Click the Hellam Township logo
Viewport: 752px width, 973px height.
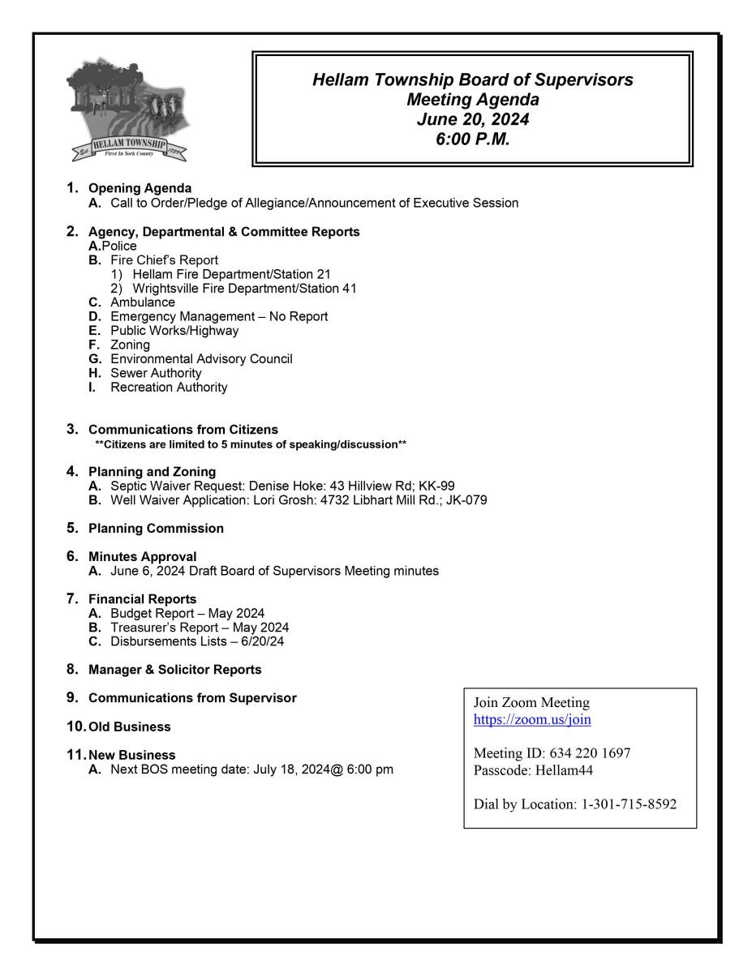[x=128, y=110]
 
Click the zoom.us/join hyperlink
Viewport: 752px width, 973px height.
[x=532, y=719]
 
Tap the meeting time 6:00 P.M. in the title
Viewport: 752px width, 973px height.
[x=473, y=139]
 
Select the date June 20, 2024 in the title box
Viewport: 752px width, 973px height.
[x=473, y=119]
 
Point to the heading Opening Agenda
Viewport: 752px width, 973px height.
[x=140, y=189]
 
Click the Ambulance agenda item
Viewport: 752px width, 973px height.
[x=143, y=302]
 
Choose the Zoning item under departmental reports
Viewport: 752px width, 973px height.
[x=130, y=345]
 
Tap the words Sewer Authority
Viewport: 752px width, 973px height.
[x=156, y=373]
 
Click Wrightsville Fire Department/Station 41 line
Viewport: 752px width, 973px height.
[x=244, y=288]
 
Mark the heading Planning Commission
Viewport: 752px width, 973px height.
[x=156, y=529]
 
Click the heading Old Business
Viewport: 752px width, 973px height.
[x=130, y=727]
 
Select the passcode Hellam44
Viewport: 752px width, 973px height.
[x=565, y=770]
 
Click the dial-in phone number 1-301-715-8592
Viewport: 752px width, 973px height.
[x=629, y=804]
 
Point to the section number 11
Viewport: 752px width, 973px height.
[x=76, y=754]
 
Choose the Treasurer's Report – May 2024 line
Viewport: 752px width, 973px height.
[x=200, y=628]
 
